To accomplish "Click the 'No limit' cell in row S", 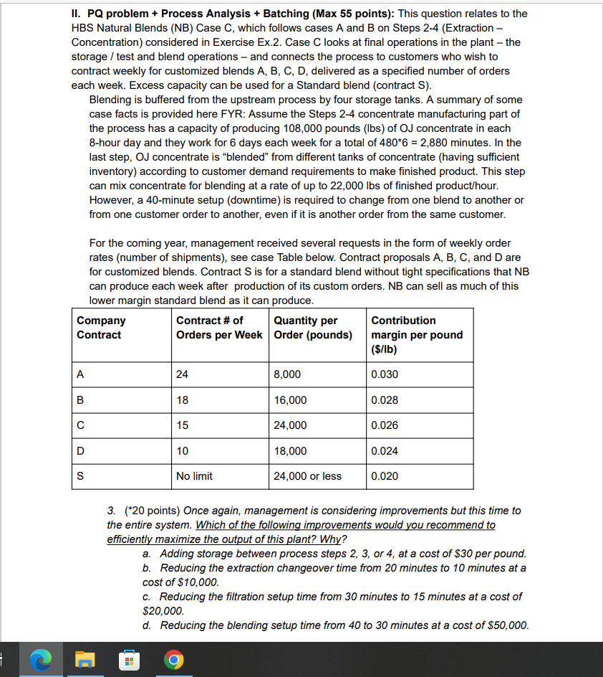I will click(193, 476).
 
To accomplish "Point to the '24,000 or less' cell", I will click(307, 476).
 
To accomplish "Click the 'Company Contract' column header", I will click(101, 328).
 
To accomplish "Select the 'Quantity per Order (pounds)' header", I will click(313, 328).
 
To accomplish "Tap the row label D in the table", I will click(81, 451).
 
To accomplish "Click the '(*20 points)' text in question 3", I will click(151, 511).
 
